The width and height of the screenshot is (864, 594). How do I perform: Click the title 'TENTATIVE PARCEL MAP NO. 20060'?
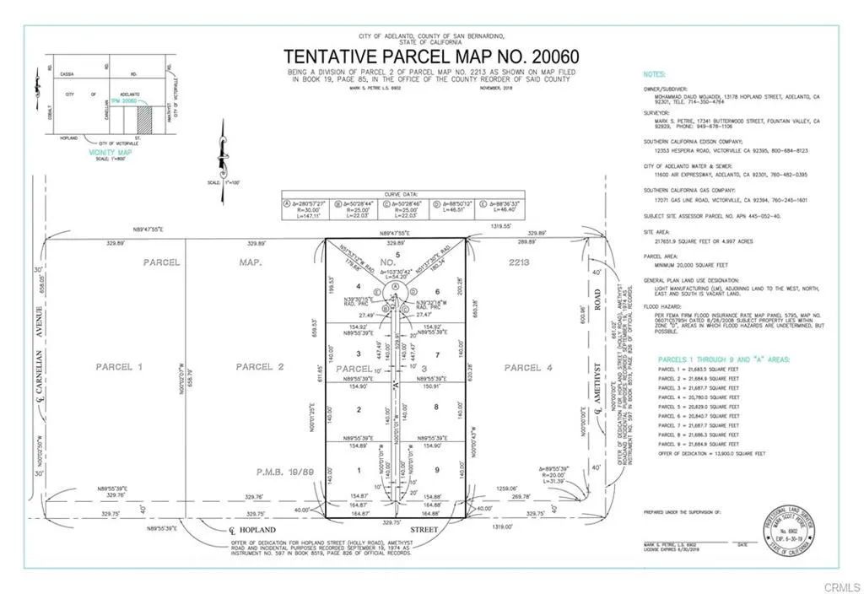pos(431,57)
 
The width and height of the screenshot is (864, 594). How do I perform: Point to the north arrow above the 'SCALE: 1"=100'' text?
pos(224,153)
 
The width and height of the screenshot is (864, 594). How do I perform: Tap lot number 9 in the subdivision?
pos(438,470)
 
